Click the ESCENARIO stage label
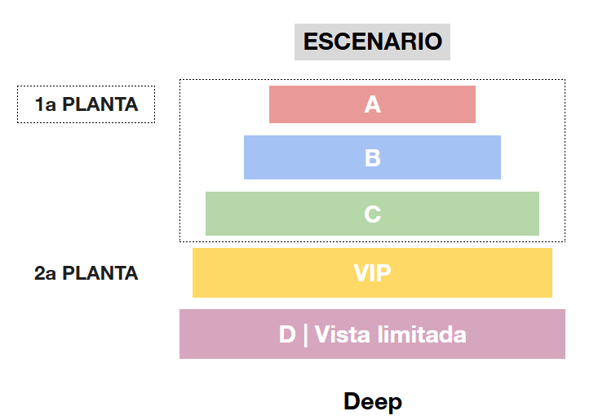[x=372, y=42]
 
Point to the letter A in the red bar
[x=373, y=104]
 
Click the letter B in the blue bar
[x=373, y=157]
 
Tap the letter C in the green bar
[x=373, y=214]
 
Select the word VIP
[x=372, y=273]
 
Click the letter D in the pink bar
[x=287, y=334]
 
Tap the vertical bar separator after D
[x=305, y=334]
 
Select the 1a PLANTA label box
[x=86, y=104]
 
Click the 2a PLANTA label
[x=86, y=273]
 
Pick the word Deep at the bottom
[x=372, y=401]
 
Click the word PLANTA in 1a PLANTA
[x=100, y=104]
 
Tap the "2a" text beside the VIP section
[x=46, y=273]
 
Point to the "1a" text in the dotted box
[x=45, y=104]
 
